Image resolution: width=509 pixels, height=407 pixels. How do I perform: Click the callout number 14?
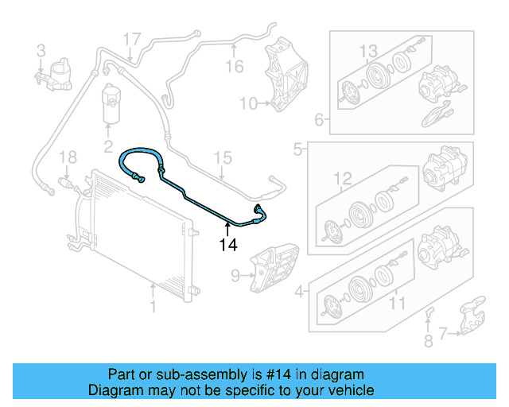(228, 245)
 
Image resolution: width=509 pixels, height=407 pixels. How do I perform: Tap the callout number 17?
(131, 37)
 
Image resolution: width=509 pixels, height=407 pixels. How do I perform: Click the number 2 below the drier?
(108, 146)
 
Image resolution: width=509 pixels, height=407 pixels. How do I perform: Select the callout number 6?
(319, 121)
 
